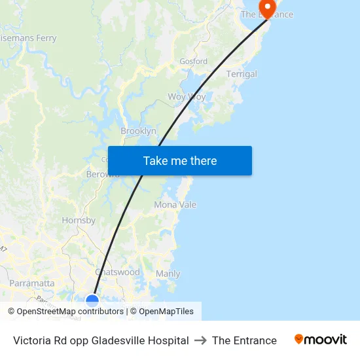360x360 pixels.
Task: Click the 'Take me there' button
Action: point(180,161)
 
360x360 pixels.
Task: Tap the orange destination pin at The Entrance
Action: point(268,7)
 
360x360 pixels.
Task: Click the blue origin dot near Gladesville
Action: point(92,300)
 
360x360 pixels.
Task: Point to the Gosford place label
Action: point(194,62)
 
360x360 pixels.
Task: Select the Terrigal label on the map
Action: point(242,74)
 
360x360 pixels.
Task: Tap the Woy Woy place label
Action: point(187,97)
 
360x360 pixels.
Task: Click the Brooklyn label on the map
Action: point(138,131)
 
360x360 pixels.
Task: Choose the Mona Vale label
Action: point(175,205)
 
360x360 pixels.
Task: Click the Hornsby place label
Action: point(79,221)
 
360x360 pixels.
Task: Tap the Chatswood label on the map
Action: point(118,272)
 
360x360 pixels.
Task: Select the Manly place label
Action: point(168,274)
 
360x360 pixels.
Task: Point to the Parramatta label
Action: point(32,283)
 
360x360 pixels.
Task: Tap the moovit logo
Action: point(321,340)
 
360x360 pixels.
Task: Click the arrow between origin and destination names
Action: point(200,340)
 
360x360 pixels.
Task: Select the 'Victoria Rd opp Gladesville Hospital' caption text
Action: point(101,340)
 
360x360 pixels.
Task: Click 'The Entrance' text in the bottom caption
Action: point(244,340)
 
